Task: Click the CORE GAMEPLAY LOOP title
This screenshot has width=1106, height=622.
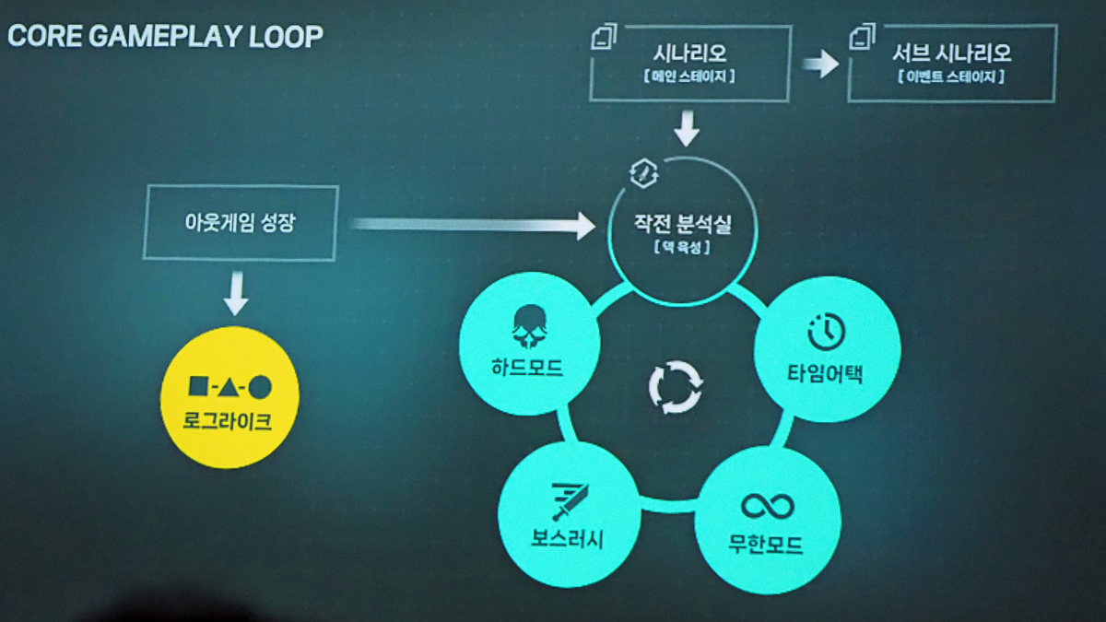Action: point(166,37)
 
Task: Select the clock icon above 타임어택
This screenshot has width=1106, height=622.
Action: point(826,333)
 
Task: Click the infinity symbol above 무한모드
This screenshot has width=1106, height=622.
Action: point(767,506)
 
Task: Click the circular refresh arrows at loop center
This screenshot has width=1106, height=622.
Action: point(676,387)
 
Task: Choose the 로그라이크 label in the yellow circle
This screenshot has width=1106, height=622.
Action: point(229,423)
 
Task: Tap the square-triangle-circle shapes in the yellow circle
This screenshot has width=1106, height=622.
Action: point(229,387)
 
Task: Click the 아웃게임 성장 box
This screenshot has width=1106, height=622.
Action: point(241,222)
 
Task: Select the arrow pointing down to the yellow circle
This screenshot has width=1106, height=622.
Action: point(237,293)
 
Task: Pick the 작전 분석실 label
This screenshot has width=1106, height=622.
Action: point(683,223)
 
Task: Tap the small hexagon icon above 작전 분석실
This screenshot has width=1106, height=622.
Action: point(642,172)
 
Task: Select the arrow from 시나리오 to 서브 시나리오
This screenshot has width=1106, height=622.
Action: point(818,64)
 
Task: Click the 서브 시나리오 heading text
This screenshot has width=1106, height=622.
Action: point(951,53)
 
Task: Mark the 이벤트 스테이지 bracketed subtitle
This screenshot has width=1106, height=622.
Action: point(950,77)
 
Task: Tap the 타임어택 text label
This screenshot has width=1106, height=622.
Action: point(826,373)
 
